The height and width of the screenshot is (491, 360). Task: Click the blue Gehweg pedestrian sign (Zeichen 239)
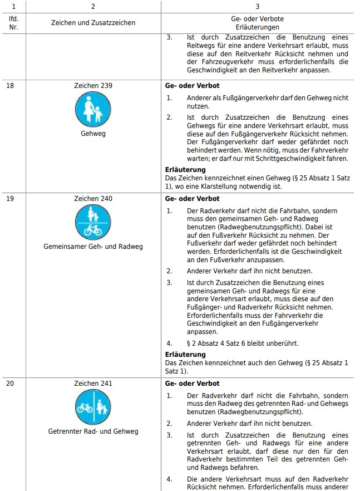(93, 109)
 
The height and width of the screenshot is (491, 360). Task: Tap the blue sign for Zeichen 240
(93, 222)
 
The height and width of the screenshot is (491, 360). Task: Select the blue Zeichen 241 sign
(93, 407)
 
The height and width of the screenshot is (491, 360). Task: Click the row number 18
(10, 86)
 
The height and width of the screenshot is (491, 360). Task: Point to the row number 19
(10, 199)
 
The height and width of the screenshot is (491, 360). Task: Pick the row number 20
(10, 384)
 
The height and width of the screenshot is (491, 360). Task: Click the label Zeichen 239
(93, 86)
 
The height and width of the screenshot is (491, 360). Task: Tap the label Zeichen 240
(93, 199)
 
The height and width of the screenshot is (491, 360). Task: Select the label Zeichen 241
(93, 384)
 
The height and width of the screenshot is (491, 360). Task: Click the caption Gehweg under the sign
(93, 134)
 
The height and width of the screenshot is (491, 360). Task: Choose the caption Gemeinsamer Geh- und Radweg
(93, 246)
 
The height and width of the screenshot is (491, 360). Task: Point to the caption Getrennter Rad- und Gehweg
(93, 431)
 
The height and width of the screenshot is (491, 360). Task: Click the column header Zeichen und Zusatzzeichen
(93, 23)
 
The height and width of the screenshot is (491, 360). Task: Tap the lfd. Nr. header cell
(13, 23)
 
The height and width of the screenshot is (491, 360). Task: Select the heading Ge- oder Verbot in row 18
(193, 86)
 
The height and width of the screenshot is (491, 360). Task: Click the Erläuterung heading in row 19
(185, 355)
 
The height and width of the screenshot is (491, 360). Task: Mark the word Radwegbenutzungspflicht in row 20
(264, 412)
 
